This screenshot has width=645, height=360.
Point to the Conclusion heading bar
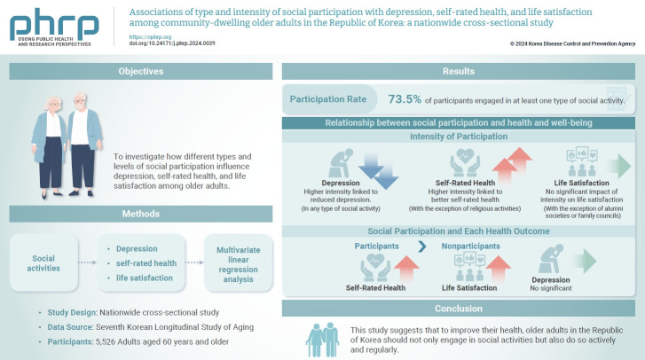point(459,309)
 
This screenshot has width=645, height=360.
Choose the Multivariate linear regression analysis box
point(239,262)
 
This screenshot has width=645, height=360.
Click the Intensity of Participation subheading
point(459,137)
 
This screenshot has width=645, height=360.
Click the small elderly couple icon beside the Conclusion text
point(322,338)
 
